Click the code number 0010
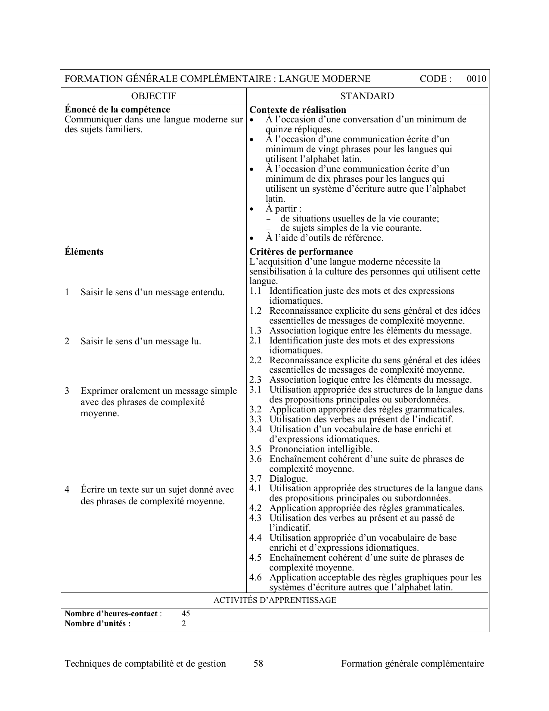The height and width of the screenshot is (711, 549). click(476, 79)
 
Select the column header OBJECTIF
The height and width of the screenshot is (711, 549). click(153, 96)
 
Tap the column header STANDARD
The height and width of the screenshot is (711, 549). click(367, 96)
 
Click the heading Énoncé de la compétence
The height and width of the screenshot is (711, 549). click(117, 109)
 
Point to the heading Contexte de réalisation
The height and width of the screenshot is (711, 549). click(298, 110)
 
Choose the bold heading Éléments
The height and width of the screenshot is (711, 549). click(84, 252)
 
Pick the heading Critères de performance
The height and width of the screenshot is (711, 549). click(301, 252)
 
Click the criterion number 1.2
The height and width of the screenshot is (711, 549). click(255, 311)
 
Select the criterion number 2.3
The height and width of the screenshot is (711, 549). click(255, 380)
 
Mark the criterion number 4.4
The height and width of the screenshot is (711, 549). click(255, 538)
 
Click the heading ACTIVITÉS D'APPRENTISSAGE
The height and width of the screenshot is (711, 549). click(275, 600)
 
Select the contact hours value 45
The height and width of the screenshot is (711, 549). click(186, 614)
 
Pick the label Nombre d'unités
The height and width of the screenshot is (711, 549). click(97, 624)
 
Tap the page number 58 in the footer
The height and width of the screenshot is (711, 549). click(258, 664)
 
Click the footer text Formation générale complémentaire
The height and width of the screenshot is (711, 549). click(412, 664)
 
